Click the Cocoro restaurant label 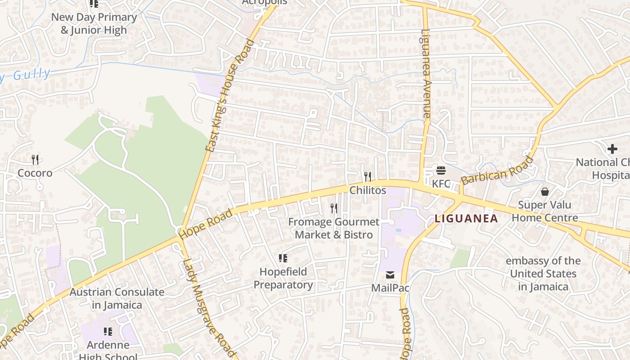[35, 173]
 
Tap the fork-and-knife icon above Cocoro [35, 159]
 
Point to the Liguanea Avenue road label [426, 74]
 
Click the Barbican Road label [497, 171]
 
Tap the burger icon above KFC [441, 171]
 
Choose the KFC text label [441, 184]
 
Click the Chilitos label [368, 190]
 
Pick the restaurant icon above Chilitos [368, 176]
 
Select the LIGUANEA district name [466, 219]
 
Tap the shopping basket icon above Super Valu [545, 192]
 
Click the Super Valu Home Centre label [545, 211]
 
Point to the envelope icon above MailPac [390, 274]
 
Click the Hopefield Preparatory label [283, 278]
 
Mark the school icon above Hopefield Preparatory [283, 258]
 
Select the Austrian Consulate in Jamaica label [117, 298]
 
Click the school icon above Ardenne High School [108, 332]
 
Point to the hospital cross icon [612, 149]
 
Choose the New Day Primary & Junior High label [94, 24]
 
